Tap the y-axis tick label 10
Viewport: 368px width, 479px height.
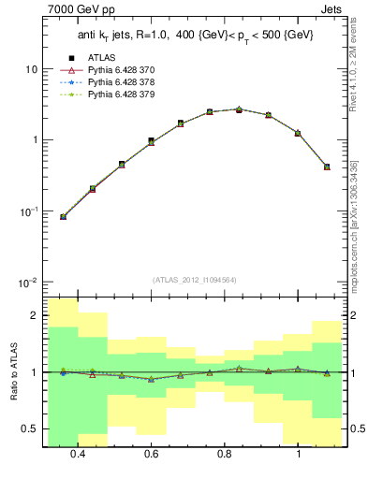pyautogui.click(x=31, y=69)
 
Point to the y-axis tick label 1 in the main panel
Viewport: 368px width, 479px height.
pyautogui.click(x=34, y=140)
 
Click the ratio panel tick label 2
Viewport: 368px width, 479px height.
pyautogui.click(x=33, y=316)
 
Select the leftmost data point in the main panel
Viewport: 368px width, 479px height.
pyautogui.click(x=63, y=217)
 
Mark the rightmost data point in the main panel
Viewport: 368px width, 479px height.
pyautogui.click(x=327, y=167)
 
